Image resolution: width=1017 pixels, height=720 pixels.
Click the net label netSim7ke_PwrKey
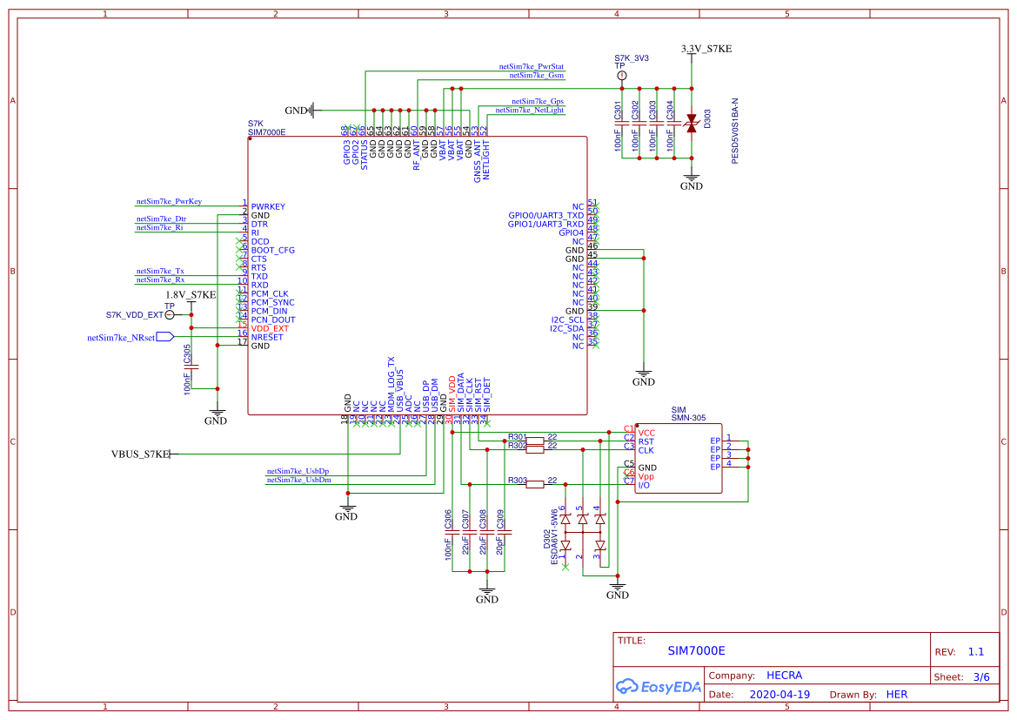(x=169, y=201)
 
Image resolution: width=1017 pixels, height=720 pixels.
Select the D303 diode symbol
(x=692, y=123)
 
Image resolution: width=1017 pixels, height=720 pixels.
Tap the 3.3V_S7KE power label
(x=706, y=50)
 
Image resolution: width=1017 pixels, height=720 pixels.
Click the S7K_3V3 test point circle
(x=622, y=77)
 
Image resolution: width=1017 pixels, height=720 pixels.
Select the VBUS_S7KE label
(x=139, y=454)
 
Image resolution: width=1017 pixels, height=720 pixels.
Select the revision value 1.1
(x=975, y=652)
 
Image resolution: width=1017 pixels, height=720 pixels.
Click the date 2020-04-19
(x=779, y=695)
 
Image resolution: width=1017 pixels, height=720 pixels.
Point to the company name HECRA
(x=784, y=676)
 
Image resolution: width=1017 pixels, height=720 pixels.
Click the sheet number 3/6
(x=980, y=676)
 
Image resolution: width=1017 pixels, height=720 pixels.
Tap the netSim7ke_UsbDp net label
(x=298, y=471)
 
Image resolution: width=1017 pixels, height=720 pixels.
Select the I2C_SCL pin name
(x=566, y=320)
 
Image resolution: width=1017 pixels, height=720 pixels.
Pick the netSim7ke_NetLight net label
(x=529, y=111)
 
